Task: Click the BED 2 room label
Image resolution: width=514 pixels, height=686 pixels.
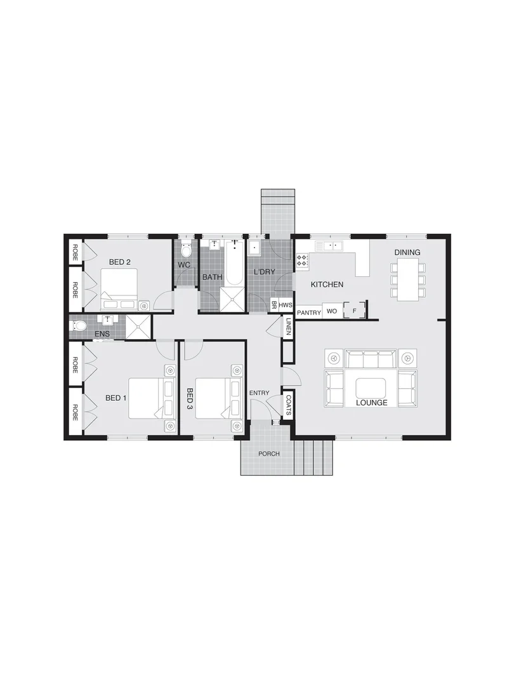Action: (120, 262)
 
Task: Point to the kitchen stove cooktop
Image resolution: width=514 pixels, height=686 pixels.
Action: (303, 260)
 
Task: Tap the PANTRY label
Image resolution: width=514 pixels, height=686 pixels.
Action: (309, 313)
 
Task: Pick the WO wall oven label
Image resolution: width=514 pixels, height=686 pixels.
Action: (331, 312)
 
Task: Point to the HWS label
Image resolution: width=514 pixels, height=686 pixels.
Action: (285, 305)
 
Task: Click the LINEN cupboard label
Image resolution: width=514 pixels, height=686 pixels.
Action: (288, 327)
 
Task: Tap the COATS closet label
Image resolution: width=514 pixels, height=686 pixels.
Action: (289, 405)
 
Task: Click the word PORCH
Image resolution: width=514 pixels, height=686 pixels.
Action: (268, 454)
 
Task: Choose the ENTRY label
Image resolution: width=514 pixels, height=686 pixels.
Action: (259, 394)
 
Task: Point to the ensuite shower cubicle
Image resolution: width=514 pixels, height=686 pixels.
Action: (139, 326)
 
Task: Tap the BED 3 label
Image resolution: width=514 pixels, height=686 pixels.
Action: (188, 398)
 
